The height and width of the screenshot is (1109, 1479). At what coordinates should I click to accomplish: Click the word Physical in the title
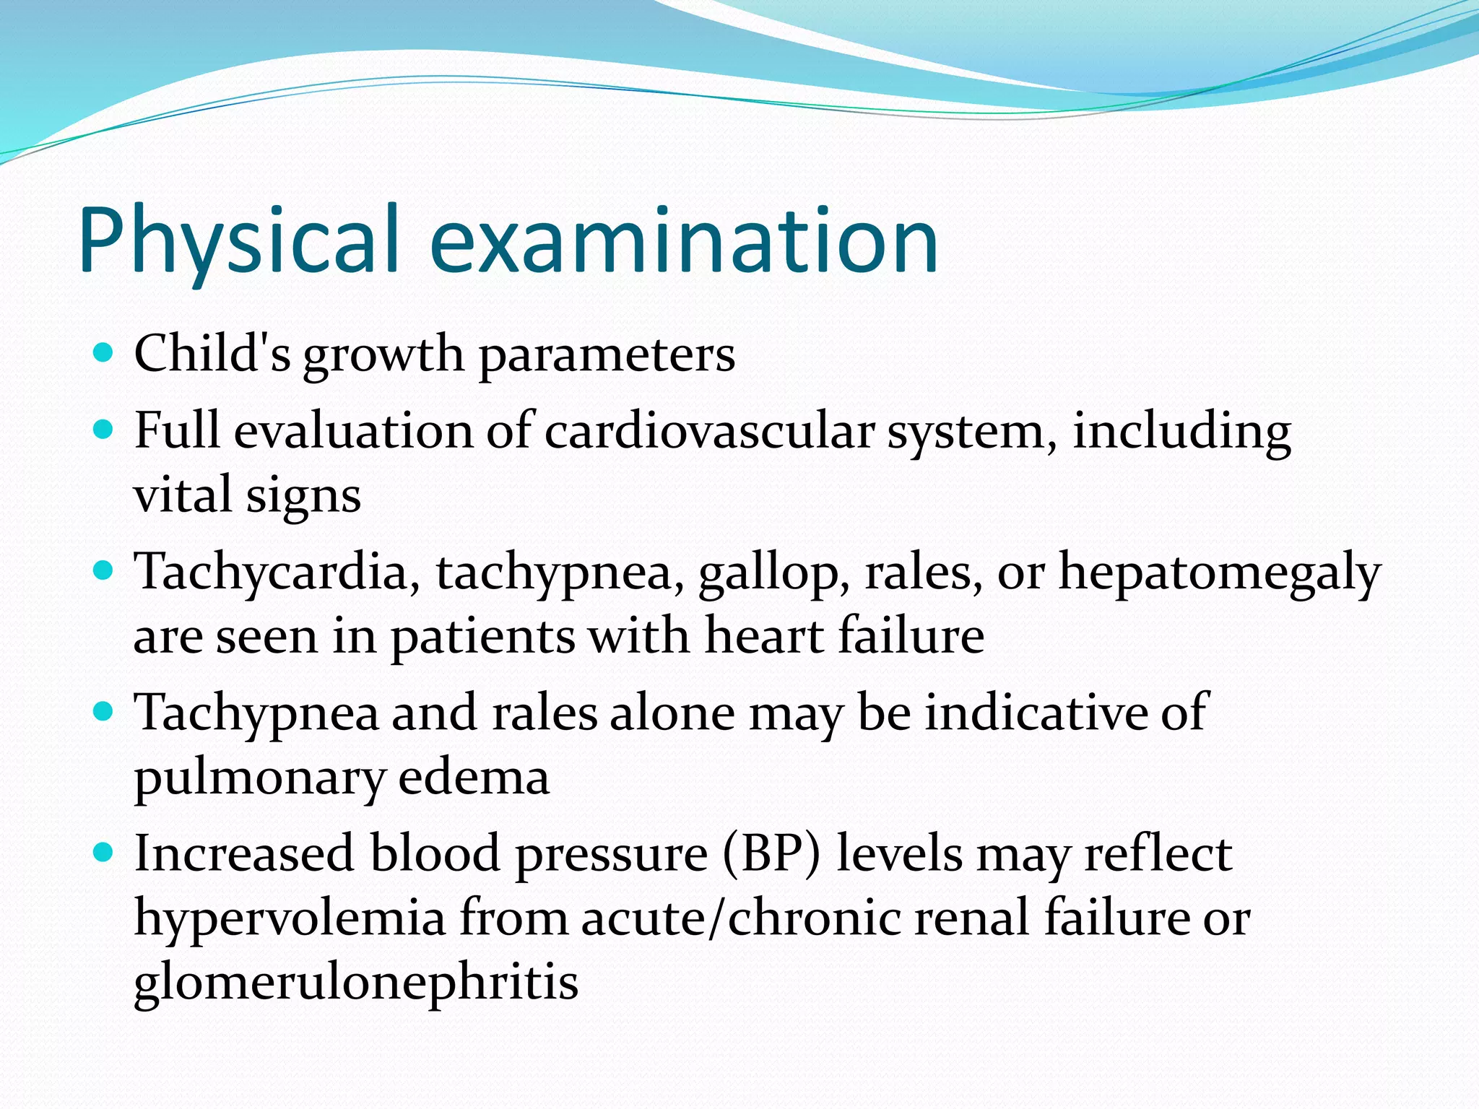[x=238, y=242]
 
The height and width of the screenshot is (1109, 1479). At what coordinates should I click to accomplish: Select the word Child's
[x=212, y=354]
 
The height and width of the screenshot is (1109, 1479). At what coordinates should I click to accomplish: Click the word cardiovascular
[x=708, y=431]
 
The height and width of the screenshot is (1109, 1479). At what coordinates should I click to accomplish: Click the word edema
[x=473, y=778]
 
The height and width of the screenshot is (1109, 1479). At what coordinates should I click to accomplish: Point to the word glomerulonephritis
[x=356, y=983]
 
